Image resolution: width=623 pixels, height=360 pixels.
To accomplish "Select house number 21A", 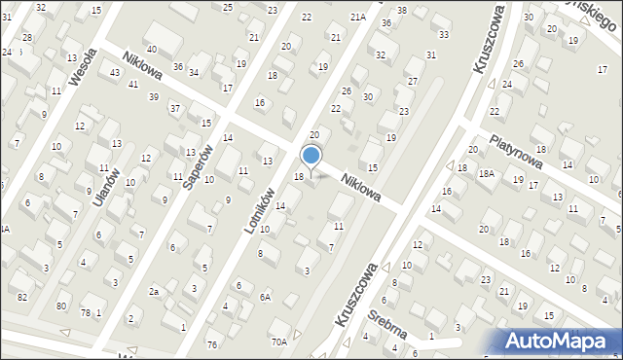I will [358, 17].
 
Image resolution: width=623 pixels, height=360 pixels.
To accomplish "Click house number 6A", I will [265, 297].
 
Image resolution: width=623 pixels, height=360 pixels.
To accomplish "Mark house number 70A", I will [279, 342].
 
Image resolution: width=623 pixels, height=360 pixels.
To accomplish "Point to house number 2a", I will [154, 291].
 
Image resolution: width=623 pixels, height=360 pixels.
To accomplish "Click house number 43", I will [116, 73].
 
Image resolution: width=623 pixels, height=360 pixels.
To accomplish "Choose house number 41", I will [132, 85].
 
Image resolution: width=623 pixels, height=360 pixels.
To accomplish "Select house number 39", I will [154, 96].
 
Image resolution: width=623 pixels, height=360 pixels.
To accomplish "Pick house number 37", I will [175, 108].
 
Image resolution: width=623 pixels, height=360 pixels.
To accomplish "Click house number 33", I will [444, 34].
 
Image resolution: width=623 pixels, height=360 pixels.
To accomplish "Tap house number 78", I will [86, 312].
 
